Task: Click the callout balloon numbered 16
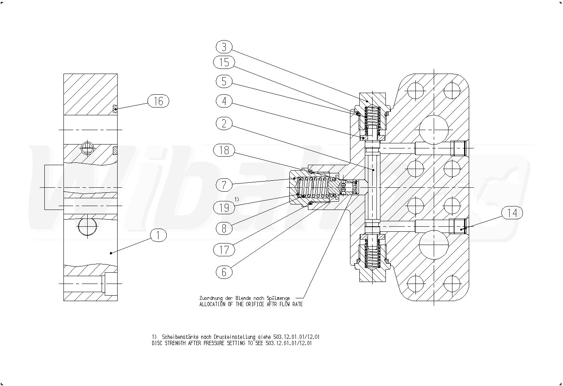(158, 101)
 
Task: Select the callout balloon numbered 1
(158, 235)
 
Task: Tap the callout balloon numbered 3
(224, 47)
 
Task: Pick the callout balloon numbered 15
(224, 62)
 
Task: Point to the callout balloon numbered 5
(224, 81)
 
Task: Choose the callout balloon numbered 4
(224, 101)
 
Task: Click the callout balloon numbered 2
(224, 123)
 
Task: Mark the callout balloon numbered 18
(224, 150)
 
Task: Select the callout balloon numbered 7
(224, 185)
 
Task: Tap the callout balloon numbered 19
(224, 208)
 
